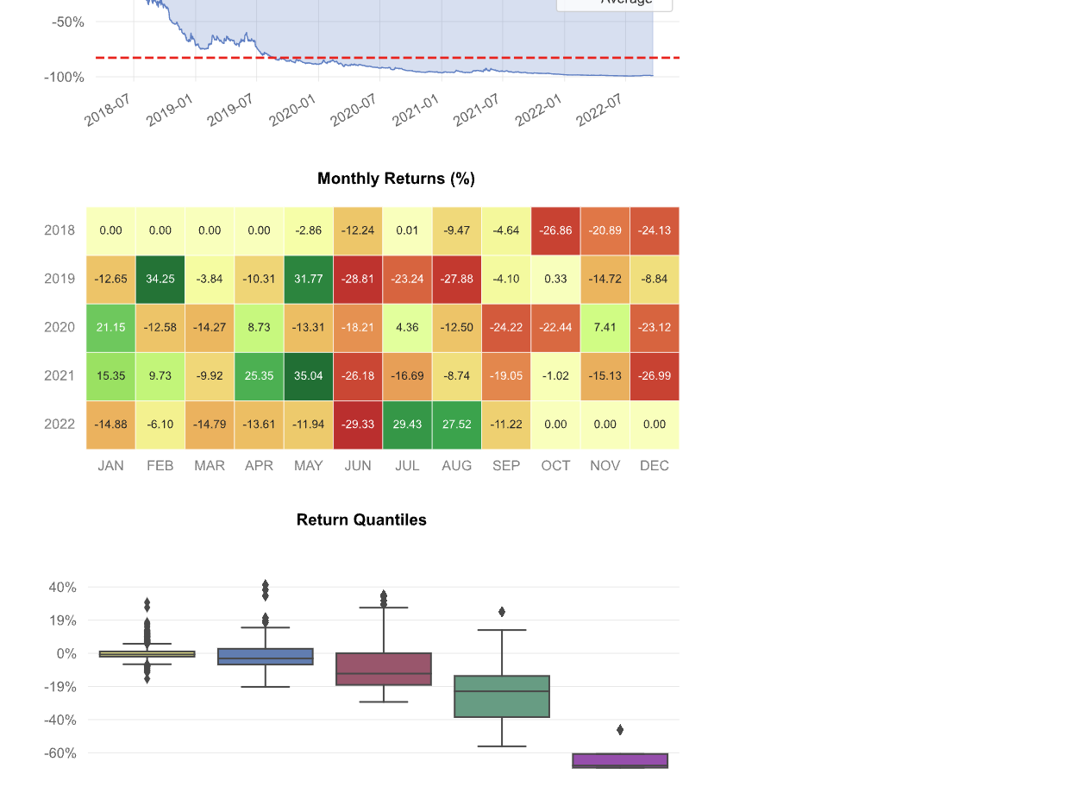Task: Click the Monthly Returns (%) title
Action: [396, 179]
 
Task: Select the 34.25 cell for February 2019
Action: [160, 279]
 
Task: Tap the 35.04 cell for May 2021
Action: [308, 375]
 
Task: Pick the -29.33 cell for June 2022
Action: [358, 424]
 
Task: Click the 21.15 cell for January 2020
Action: [110, 327]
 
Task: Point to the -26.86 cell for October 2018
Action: [555, 230]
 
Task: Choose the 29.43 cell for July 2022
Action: [407, 424]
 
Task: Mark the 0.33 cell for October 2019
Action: [555, 279]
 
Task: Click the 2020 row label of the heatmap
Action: [60, 327]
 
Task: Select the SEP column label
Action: [506, 465]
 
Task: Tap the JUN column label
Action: [358, 465]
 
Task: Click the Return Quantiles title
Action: [361, 519]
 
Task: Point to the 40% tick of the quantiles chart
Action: [63, 587]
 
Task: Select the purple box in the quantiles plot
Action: [620, 760]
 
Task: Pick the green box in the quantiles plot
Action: [502, 696]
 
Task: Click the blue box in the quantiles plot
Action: [266, 657]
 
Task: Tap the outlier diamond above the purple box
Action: [620, 730]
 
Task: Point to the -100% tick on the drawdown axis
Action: [65, 77]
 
